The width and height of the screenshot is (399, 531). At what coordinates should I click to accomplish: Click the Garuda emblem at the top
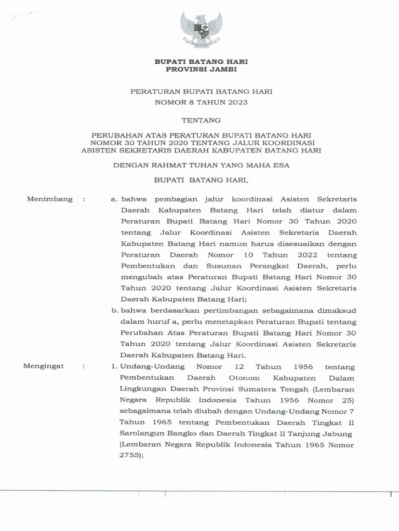201,30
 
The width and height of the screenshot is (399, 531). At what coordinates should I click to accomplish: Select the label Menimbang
50,199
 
